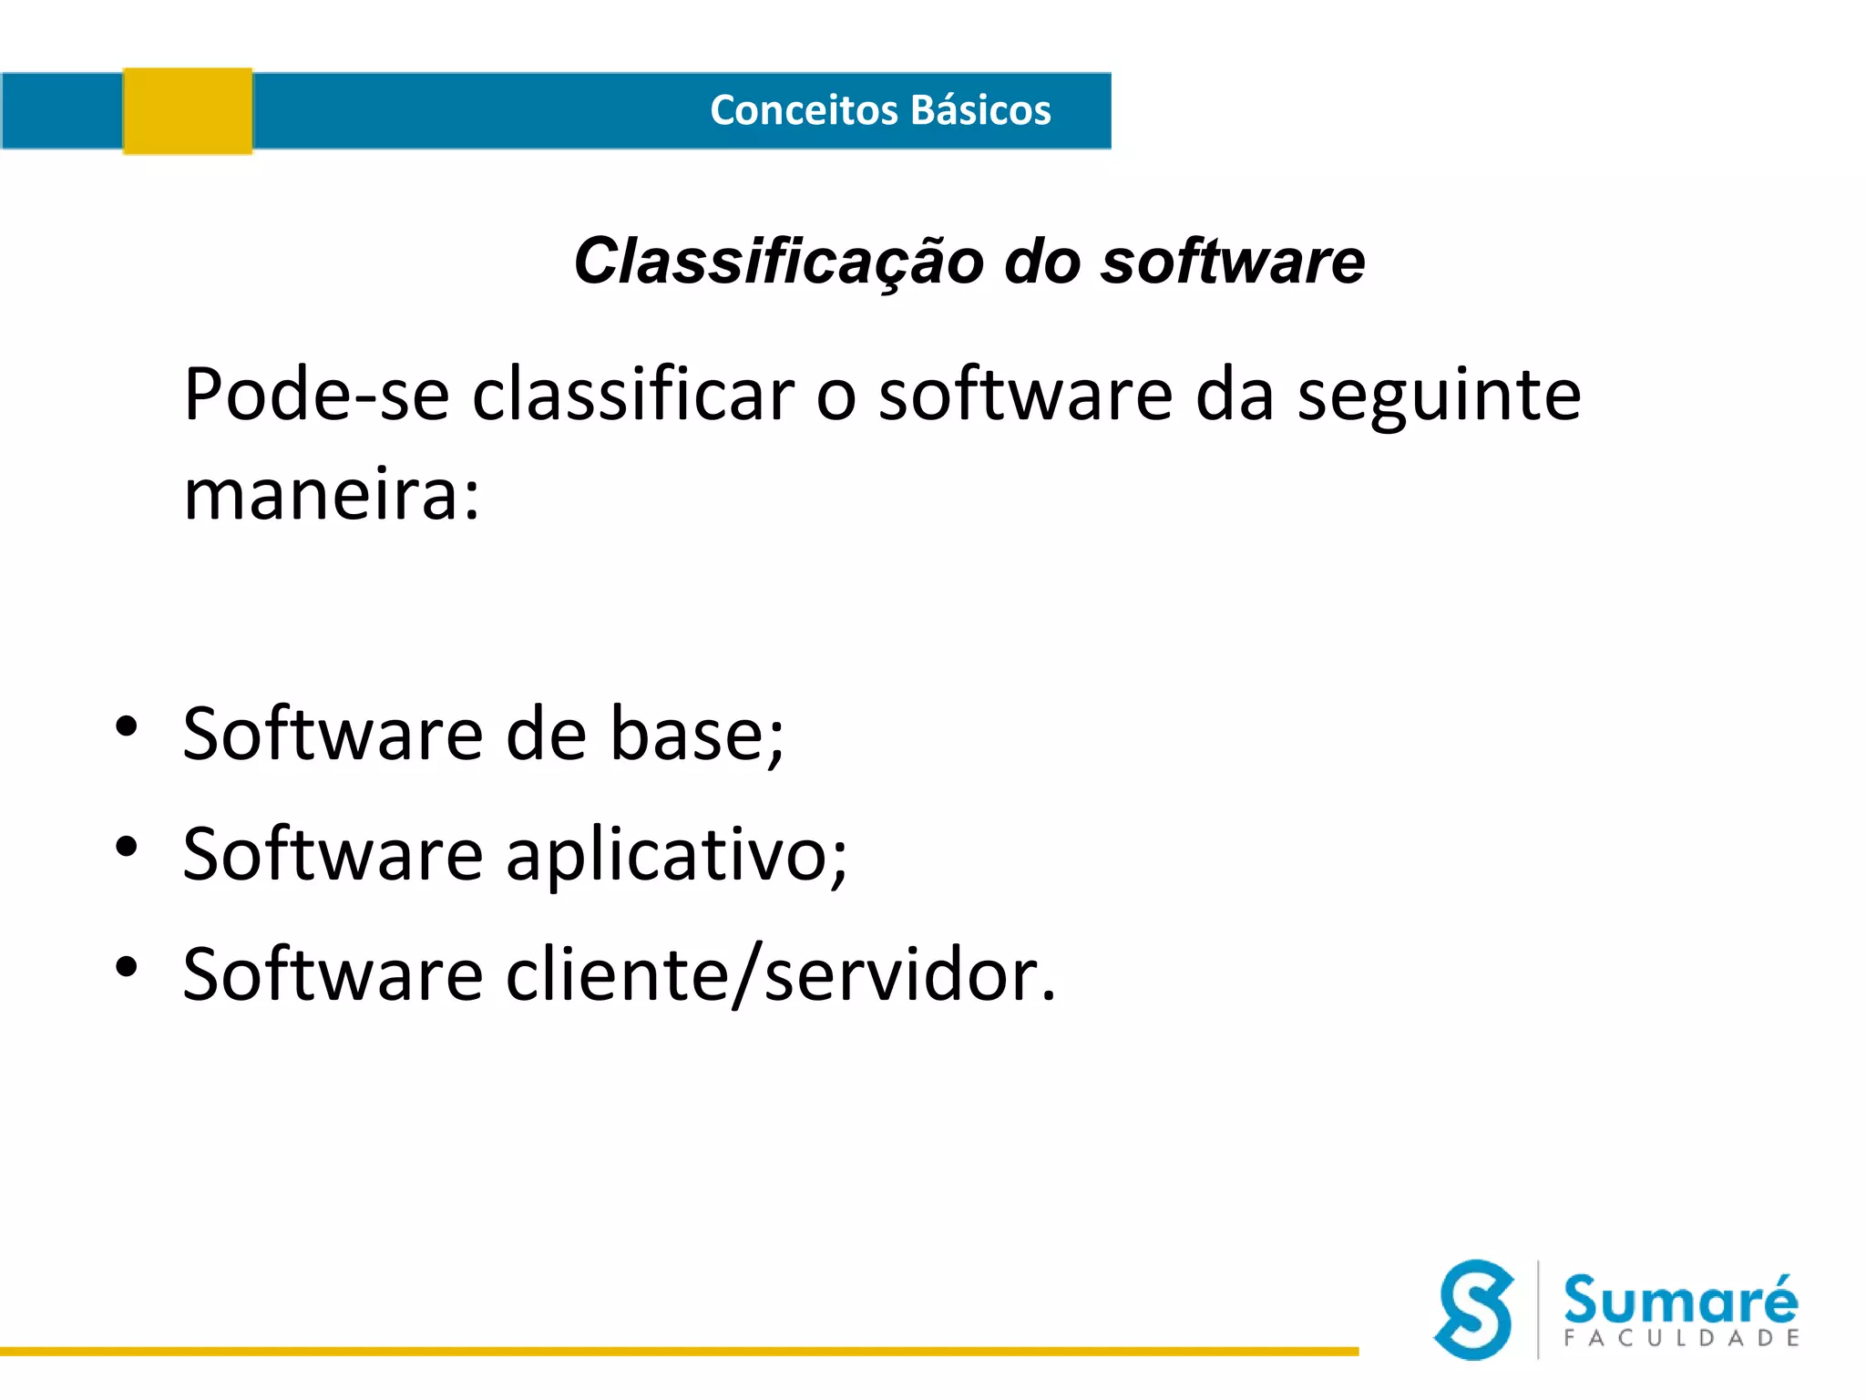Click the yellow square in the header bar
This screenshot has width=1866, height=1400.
click(x=188, y=111)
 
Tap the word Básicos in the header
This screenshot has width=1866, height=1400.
click(x=980, y=110)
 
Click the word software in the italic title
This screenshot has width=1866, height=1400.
click(x=1233, y=262)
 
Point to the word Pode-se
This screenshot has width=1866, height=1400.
click(x=316, y=396)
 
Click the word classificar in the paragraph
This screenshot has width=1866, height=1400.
click(x=633, y=396)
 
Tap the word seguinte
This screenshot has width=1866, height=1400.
click(x=1440, y=396)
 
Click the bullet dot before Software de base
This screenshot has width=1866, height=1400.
click(x=127, y=726)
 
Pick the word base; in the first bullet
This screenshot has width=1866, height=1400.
click(x=697, y=735)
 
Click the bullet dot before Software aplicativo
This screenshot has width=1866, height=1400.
click(x=127, y=847)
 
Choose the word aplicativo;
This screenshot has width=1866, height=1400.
click(x=676, y=856)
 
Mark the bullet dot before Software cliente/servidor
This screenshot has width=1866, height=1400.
click(x=127, y=967)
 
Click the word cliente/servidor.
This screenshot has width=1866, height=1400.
click(x=781, y=975)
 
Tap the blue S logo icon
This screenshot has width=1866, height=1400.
click(x=1473, y=1310)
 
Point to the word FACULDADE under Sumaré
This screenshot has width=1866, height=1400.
click(x=1681, y=1338)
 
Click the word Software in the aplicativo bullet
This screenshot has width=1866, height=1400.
click(x=333, y=855)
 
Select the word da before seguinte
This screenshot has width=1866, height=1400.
click(x=1234, y=396)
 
